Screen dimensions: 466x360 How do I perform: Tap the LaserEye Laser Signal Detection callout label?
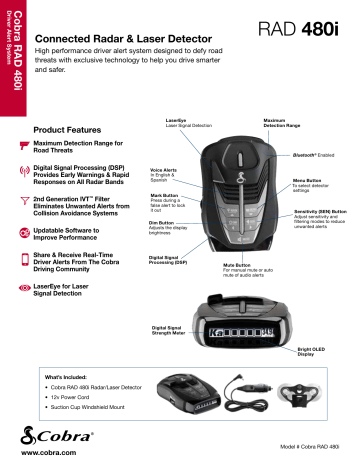tap(180, 123)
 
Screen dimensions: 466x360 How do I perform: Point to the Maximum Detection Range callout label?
tap(270, 123)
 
